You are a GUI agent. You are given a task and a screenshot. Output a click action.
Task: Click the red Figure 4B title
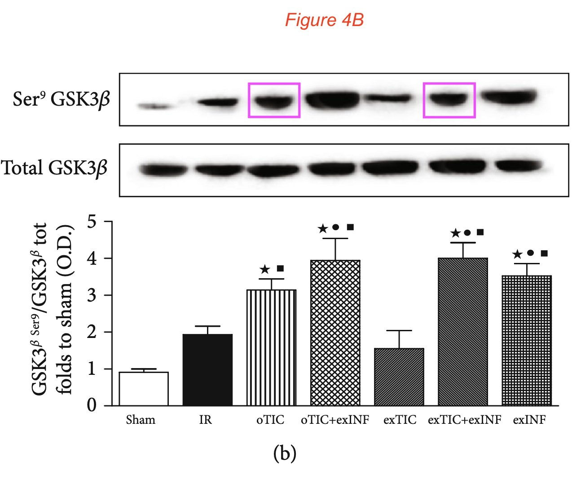[324, 20]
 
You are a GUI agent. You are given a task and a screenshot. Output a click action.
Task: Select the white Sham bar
[144, 389]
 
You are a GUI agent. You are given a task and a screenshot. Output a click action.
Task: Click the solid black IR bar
[207, 370]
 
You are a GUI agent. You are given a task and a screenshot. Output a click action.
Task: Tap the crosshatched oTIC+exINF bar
[335, 333]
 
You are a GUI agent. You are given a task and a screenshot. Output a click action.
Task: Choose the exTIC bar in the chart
[399, 377]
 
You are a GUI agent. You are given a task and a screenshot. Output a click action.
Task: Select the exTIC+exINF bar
[462, 332]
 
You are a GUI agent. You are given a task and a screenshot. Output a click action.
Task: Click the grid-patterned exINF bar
[526, 341]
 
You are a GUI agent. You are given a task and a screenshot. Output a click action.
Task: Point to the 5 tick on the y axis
[92, 222]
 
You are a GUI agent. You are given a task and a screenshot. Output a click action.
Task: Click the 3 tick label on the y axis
[92, 295]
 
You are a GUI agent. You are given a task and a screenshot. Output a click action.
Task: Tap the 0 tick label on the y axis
[92, 405]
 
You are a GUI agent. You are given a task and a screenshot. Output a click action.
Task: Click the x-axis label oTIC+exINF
[335, 420]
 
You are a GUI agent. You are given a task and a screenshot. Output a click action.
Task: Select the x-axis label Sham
[141, 420]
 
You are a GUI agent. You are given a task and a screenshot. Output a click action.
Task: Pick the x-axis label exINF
[529, 420]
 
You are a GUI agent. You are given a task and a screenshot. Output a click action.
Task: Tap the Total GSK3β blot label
[54, 168]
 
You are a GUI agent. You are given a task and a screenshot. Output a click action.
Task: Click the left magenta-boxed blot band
[274, 100]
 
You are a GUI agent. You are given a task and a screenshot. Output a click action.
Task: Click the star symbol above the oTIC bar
[265, 270]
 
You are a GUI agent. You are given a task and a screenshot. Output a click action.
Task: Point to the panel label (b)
[285, 453]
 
